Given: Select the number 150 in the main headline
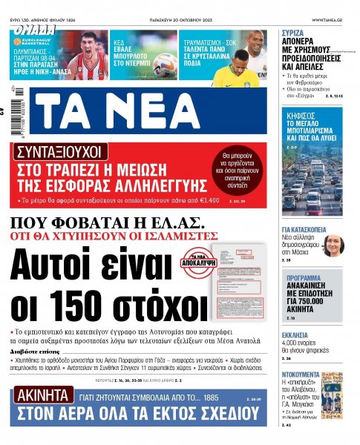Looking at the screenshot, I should (85, 306).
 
